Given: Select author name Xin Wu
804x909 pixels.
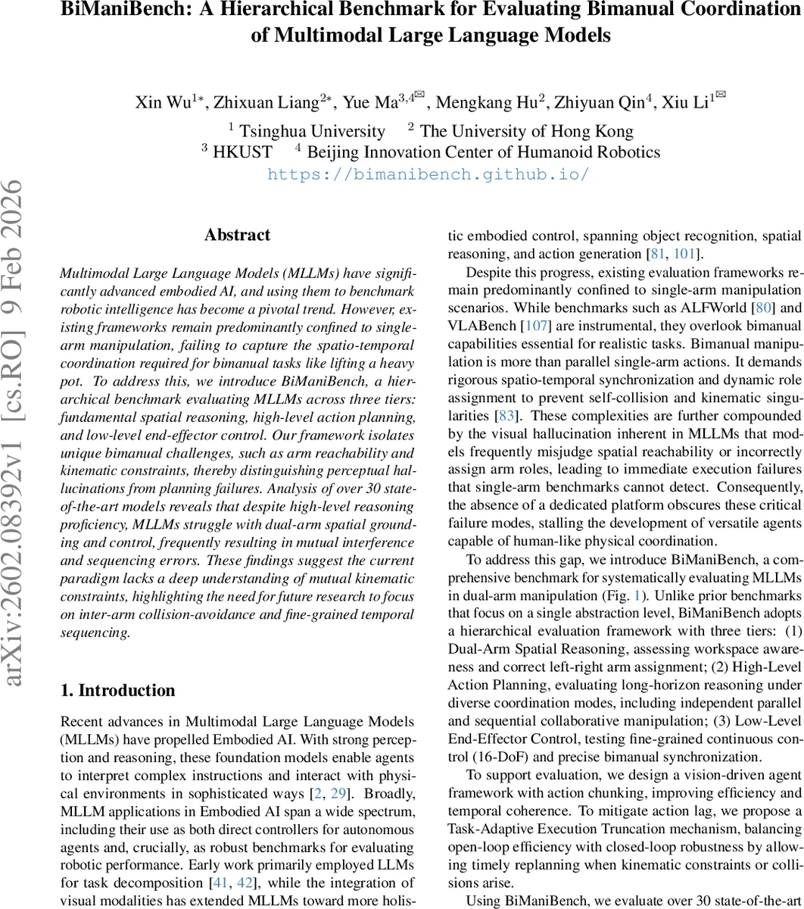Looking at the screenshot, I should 162,102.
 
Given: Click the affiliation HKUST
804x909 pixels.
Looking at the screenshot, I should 242,151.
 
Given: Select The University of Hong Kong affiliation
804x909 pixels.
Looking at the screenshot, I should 526,131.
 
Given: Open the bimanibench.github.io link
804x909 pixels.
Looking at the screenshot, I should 428,173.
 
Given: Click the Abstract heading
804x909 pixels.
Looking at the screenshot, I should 237,235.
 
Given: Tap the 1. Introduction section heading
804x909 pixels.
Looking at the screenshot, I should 117,690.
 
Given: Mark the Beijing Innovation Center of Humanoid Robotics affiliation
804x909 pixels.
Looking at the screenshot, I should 483,151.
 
